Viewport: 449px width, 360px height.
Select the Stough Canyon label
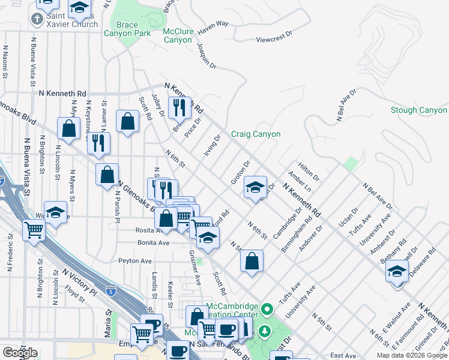click(x=418, y=110)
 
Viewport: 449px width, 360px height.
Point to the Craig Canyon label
click(x=256, y=134)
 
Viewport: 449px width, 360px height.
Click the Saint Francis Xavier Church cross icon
click(x=37, y=19)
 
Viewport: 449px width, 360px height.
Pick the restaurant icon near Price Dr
click(x=179, y=107)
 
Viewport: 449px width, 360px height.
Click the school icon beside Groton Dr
click(x=255, y=187)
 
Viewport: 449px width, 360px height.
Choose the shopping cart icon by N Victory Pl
click(x=34, y=229)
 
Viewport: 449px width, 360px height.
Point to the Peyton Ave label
click(x=135, y=261)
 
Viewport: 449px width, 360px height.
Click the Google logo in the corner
click(x=20, y=353)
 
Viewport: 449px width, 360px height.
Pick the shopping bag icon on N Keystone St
click(x=69, y=128)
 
